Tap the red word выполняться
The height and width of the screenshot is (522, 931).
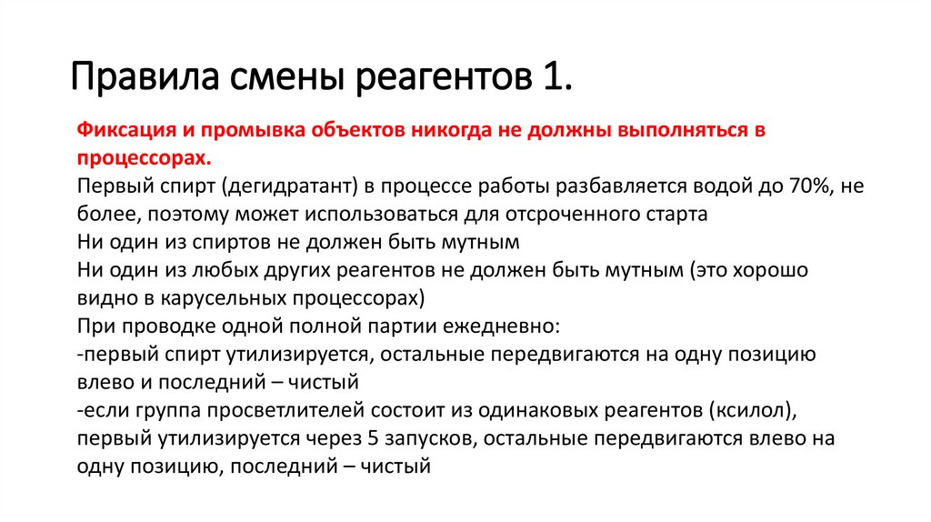click(x=676, y=129)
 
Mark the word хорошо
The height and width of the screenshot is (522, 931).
click(x=769, y=270)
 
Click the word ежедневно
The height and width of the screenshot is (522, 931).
click(x=496, y=326)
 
